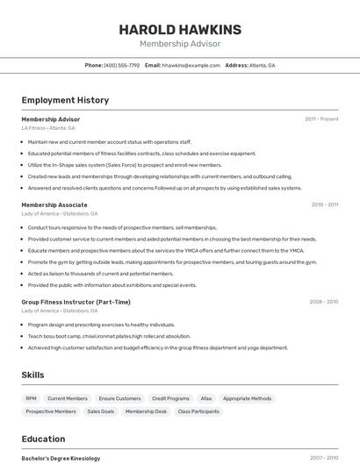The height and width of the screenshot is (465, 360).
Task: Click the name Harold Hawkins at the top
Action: (180, 30)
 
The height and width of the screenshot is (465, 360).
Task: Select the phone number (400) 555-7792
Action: (121, 65)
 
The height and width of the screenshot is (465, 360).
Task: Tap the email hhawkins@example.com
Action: (191, 65)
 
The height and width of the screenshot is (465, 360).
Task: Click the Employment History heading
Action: (65, 100)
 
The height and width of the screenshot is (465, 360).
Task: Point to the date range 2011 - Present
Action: (321, 119)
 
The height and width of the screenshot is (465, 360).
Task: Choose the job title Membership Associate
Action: (54, 204)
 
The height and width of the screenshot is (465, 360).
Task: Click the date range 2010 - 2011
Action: (324, 204)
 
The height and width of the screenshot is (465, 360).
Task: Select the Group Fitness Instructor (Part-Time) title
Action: (76, 302)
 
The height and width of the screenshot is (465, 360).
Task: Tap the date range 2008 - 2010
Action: (323, 302)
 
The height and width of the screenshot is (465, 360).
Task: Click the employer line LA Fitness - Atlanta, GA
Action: (48, 128)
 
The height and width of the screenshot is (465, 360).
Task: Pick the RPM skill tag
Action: (32, 398)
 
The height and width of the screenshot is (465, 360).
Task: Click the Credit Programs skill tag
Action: (171, 398)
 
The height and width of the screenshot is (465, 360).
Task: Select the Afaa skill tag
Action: (206, 398)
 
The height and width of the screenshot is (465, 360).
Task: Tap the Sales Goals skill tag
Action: (100, 411)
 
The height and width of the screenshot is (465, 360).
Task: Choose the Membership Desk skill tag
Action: (146, 411)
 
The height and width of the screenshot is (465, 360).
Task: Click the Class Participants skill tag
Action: (198, 411)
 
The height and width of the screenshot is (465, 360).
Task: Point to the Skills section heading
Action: (32, 375)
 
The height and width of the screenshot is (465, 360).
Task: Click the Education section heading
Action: (43, 438)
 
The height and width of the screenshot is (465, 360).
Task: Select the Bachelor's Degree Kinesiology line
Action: (61, 458)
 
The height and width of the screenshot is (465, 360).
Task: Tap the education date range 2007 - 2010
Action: (323, 458)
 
